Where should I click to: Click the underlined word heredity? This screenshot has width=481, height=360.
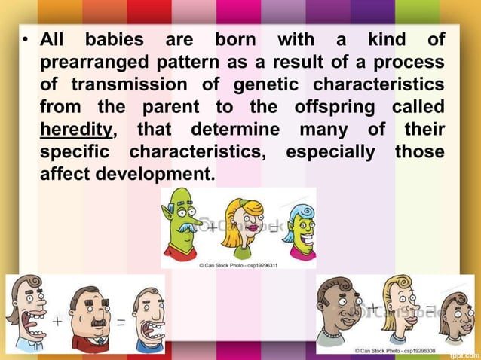[x=76, y=130]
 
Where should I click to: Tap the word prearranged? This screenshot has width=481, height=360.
[x=90, y=61]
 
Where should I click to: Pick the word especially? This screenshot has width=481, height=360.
[x=329, y=152]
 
